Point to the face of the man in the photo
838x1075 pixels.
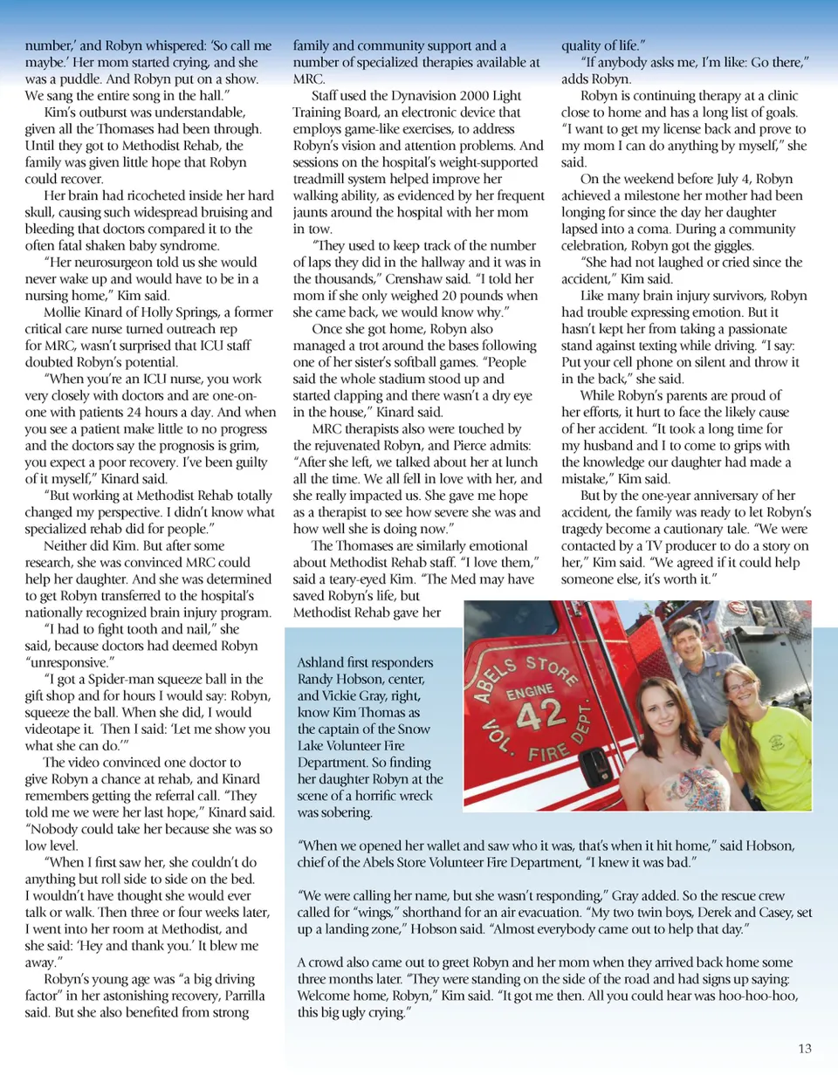685,641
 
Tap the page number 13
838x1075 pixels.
805,1048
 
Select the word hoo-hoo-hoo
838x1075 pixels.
750,996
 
